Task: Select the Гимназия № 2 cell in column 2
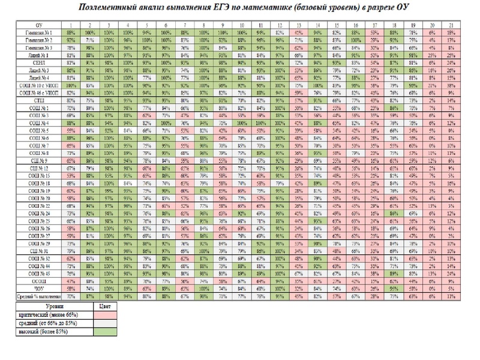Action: coord(90,40)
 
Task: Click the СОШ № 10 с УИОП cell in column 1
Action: coord(71,85)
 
